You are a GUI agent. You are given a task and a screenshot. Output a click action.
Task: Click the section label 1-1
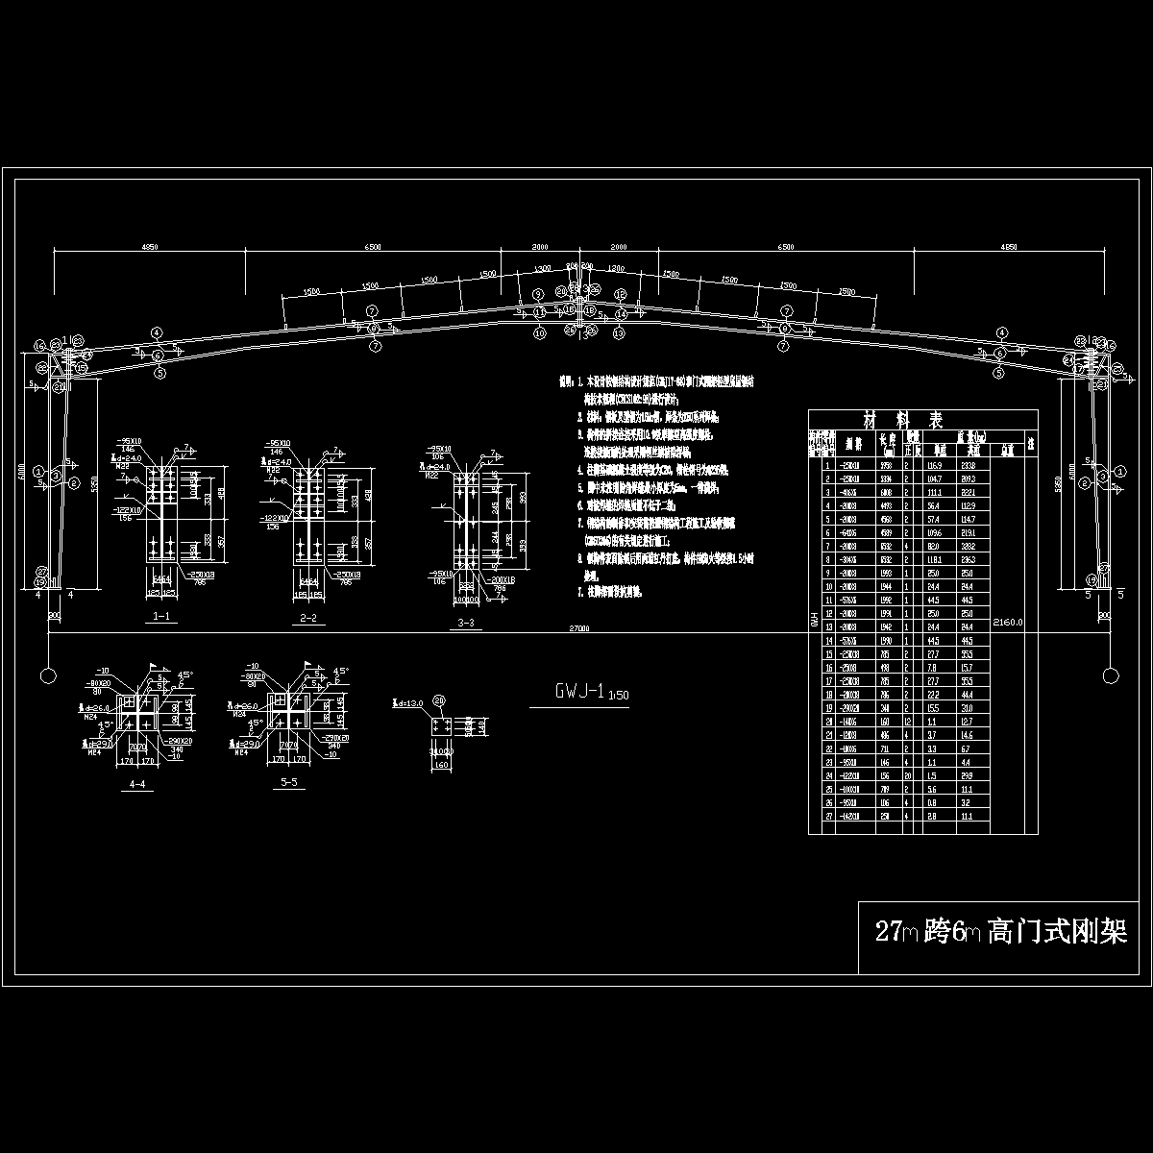tap(161, 617)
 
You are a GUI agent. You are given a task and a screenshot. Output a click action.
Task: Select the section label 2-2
tap(307, 618)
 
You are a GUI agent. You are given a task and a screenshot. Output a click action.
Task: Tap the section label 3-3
tap(466, 624)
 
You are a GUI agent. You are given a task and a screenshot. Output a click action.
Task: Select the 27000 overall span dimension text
tap(579, 628)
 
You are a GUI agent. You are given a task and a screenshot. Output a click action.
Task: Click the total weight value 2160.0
tap(1008, 622)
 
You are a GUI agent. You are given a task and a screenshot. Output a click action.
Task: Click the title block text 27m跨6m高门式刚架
tap(1000, 931)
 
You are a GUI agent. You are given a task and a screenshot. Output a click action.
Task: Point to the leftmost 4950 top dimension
tap(149, 247)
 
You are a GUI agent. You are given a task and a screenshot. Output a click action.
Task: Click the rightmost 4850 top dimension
tap(1008, 247)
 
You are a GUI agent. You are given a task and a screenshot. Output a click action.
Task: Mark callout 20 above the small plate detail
tap(439, 700)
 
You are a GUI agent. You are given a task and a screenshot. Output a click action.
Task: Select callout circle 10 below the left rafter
tap(538, 332)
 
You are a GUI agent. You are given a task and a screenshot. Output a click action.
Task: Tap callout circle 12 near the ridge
tap(621, 294)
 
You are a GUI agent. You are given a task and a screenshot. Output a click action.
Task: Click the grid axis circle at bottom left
tap(46, 675)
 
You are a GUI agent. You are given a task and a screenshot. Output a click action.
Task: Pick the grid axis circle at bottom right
tap(1111, 675)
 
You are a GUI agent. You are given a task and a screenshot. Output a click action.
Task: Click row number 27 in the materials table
tap(827, 816)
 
